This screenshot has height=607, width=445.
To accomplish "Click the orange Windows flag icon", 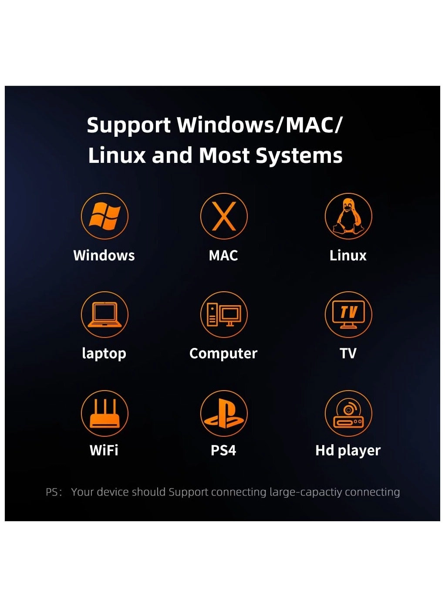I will coord(105,216).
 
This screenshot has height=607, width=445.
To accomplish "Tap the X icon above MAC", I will coord(224,216).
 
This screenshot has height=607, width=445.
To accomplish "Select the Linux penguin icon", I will coord(348,216).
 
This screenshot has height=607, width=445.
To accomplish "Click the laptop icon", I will coord(105,314).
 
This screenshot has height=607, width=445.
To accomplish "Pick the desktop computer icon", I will coord(224,314).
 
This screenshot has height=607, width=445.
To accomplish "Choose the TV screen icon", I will coord(348,314).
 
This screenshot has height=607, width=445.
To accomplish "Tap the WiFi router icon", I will coord(105,413).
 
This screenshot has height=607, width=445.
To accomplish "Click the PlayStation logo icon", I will coord(224,413).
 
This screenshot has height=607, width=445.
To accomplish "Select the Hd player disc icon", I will coord(348,413).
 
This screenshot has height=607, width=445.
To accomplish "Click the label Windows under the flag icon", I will coord(104,255).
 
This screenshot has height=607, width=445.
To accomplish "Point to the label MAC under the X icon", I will coord(223,255).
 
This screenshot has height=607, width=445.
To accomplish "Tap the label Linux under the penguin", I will coord(348,255).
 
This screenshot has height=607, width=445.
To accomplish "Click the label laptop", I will coord(104,353).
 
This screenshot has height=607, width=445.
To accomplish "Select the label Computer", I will coord(223,353).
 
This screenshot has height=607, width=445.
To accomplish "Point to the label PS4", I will coord(223,450).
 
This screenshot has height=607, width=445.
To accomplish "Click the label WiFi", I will coord(104,450).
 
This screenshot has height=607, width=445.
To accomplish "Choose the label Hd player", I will coord(348,450).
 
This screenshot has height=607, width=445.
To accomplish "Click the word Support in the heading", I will coord(128,125).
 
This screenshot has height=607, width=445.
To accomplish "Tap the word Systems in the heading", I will coord(299,156).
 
